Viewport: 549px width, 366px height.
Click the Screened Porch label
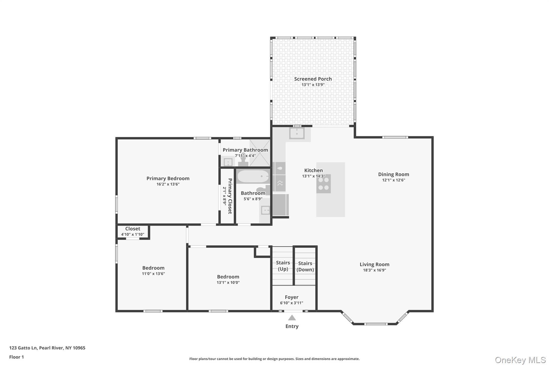[313, 79]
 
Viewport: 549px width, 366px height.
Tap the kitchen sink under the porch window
[297, 133]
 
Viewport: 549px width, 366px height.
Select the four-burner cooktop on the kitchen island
[323, 184]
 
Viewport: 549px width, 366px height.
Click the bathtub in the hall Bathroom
[253, 177]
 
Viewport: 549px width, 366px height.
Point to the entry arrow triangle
[292, 318]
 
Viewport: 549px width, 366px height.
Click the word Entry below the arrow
[292, 326]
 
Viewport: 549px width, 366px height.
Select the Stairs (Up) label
[283, 266]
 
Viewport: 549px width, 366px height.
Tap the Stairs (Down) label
[305, 267]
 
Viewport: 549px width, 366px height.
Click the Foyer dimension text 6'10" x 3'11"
[291, 303]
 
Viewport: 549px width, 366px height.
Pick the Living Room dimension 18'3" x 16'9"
[374, 270]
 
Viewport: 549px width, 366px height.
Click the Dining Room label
[394, 174]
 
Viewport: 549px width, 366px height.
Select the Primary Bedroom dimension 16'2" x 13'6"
[168, 184]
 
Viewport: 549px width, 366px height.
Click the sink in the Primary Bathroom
[228, 162]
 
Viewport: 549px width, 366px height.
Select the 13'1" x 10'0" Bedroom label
[228, 280]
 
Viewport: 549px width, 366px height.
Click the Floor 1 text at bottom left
[16, 357]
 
